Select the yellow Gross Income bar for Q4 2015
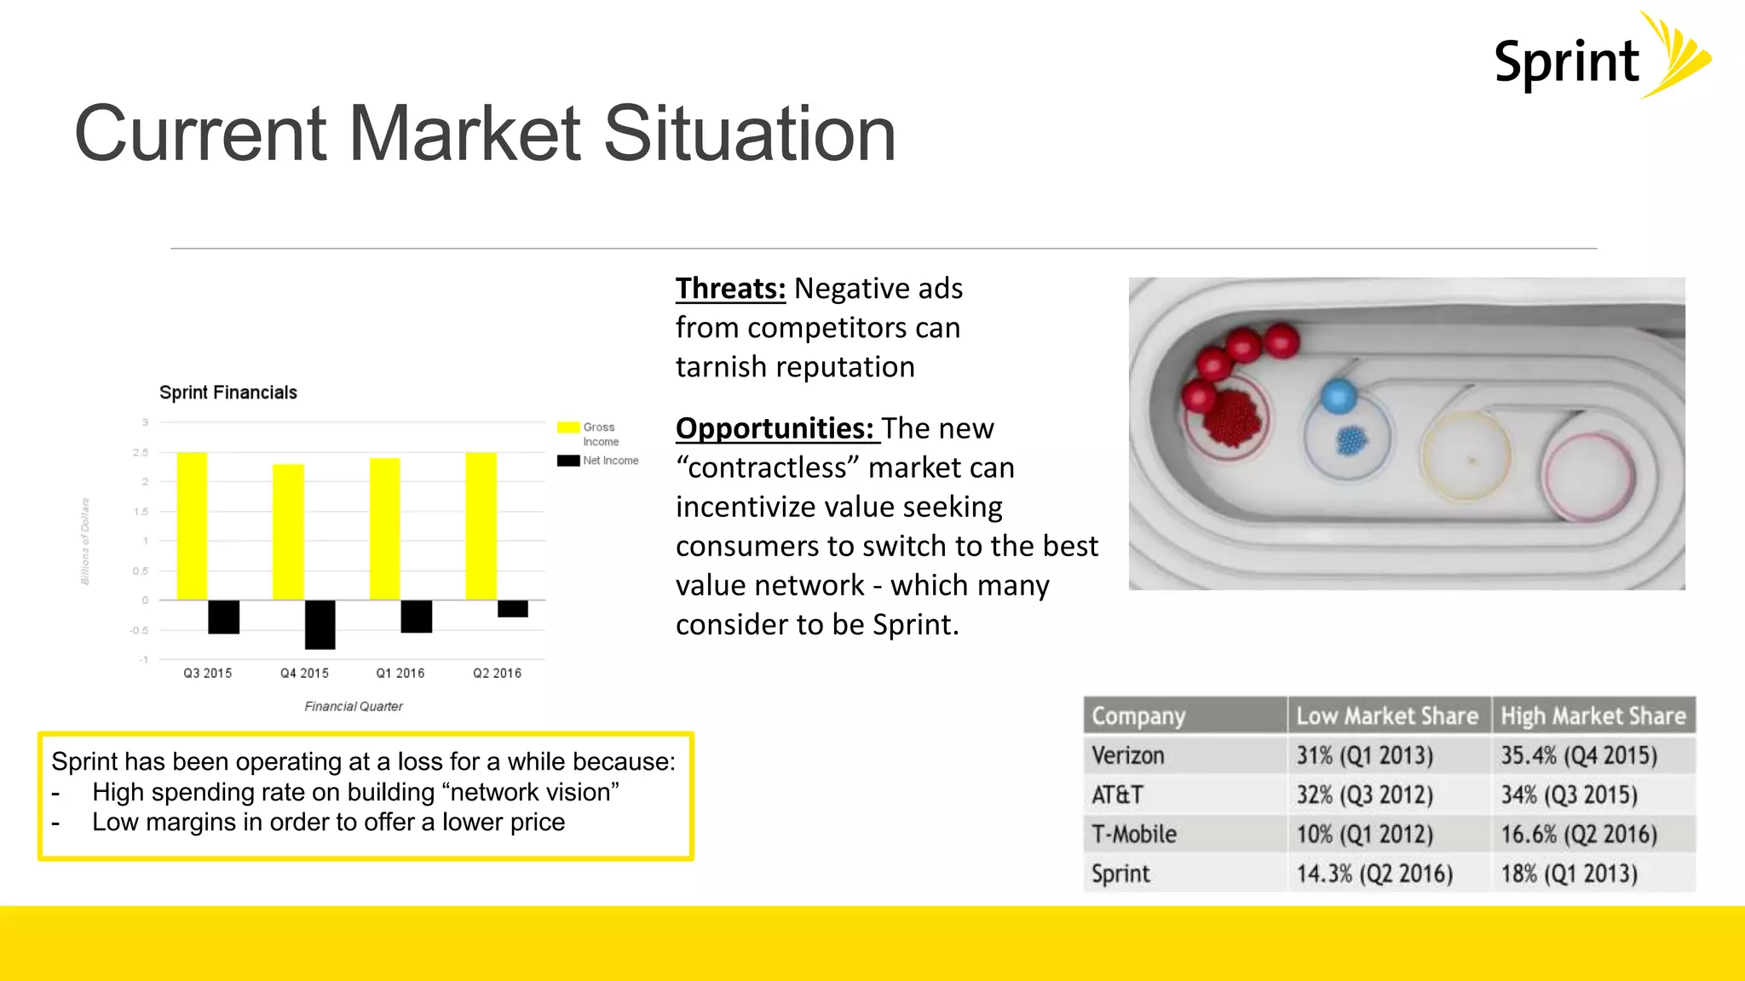(x=288, y=532)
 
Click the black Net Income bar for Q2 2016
(x=512, y=608)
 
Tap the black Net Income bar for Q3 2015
(x=224, y=617)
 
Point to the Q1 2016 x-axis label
(x=400, y=673)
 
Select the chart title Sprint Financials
(x=228, y=393)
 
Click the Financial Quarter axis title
(x=354, y=706)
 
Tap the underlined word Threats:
(x=730, y=289)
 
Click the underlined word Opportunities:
(x=775, y=428)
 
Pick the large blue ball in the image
(x=1338, y=396)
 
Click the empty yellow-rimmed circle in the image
(x=1466, y=456)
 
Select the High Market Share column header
(x=1592, y=716)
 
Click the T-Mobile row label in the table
(x=1134, y=834)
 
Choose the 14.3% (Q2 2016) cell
(x=1374, y=874)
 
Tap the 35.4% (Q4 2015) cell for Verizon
(x=1579, y=755)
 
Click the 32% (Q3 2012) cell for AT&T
(x=1364, y=795)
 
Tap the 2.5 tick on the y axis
(x=141, y=452)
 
